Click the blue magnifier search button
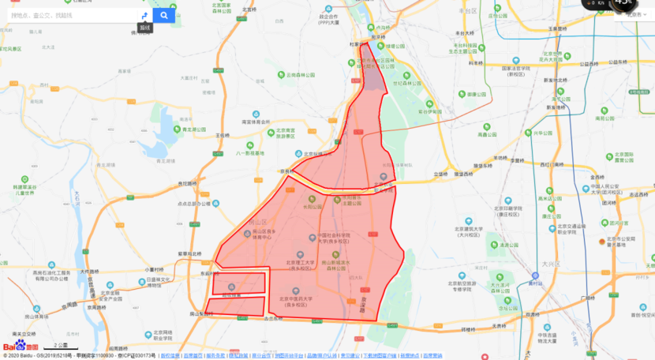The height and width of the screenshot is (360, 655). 164,15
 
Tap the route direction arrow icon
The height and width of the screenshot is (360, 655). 144,15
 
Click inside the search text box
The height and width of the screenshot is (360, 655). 71,15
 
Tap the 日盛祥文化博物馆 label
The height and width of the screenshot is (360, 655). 162,279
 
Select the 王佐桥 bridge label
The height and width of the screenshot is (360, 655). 225,135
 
